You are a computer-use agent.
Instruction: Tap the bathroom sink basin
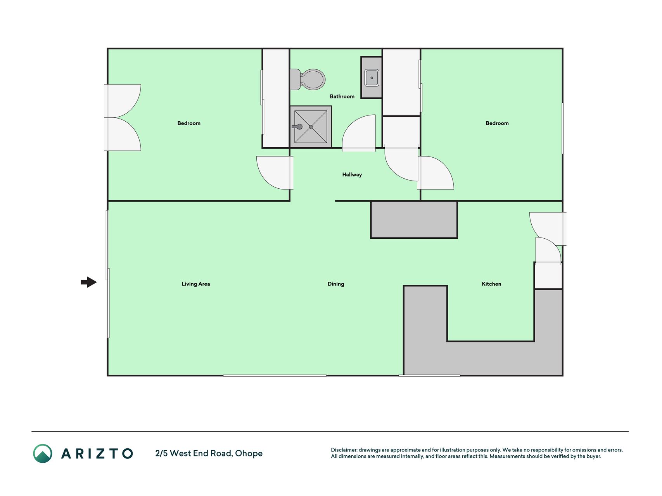pyautogui.click(x=372, y=78)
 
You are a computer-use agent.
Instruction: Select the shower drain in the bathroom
pyautogui.click(x=311, y=127)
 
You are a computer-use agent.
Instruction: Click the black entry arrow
pyautogui.click(x=89, y=282)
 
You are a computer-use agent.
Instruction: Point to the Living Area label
pyautogui.click(x=196, y=284)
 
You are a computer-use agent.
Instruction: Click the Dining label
pyautogui.click(x=336, y=284)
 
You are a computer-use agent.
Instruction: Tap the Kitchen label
pyautogui.click(x=491, y=284)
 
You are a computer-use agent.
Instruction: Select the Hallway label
pyautogui.click(x=352, y=175)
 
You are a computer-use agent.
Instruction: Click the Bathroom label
pyautogui.click(x=342, y=96)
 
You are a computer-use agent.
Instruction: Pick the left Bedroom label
pyautogui.click(x=189, y=123)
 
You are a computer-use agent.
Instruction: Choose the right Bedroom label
pyautogui.click(x=497, y=123)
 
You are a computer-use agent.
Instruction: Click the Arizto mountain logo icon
pyautogui.click(x=43, y=453)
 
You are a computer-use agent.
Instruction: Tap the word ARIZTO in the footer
pyautogui.click(x=97, y=453)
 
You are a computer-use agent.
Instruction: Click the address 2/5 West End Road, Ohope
pyautogui.click(x=209, y=453)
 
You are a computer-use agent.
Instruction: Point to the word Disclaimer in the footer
pyautogui.click(x=344, y=450)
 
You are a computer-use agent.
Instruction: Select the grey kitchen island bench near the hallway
pyautogui.click(x=414, y=219)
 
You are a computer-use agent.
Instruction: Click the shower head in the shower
pyautogui.click(x=297, y=127)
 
